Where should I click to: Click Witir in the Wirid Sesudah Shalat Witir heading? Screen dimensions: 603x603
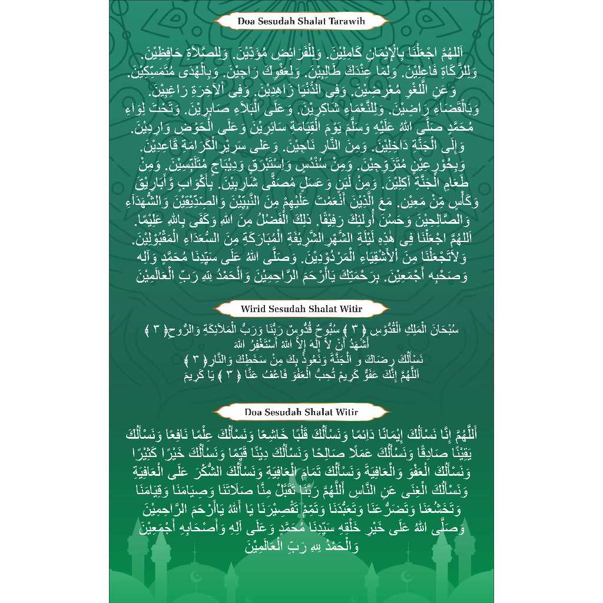point(351,309)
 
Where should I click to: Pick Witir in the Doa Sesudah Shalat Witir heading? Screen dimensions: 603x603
point(347,412)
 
